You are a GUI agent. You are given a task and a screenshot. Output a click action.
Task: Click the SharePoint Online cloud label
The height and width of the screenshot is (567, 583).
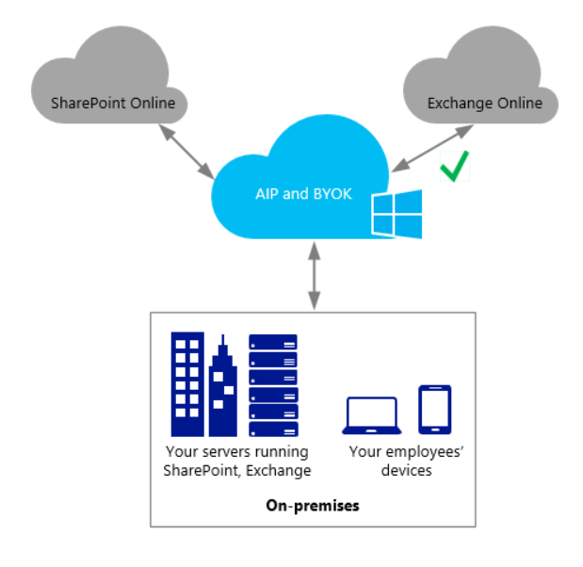112,104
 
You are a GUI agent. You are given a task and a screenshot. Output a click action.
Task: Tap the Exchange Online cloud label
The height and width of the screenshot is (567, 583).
485,104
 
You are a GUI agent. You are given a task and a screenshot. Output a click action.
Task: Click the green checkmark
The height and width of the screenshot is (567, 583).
453,169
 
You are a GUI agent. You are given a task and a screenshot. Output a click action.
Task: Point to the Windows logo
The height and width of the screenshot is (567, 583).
397,215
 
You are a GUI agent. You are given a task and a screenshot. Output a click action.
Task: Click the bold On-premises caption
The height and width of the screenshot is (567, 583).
312,506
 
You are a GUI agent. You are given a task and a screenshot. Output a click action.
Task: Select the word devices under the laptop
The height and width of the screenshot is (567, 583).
406,470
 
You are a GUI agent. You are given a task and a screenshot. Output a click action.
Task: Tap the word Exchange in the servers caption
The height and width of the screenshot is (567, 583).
279,470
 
